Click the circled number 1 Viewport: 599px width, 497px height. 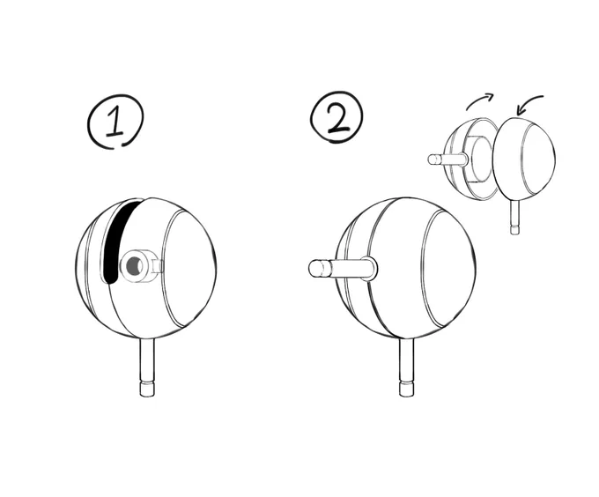[x=115, y=121]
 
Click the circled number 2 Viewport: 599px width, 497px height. [x=336, y=117]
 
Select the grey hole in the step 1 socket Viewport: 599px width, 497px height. [x=134, y=265]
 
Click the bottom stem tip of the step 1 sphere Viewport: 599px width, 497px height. [x=147, y=389]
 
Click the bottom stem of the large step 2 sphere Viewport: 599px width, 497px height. [x=406, y=367]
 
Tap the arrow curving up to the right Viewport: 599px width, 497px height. [x=480, y=100]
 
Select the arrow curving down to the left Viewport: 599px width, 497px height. [x=529, y=103]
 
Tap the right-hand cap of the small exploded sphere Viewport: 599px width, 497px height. [x=524, y=159]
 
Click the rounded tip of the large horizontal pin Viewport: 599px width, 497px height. [x=315, y=268]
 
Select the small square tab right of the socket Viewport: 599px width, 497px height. [x=158, y=266]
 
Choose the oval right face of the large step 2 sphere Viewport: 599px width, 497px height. [x=449, y=268]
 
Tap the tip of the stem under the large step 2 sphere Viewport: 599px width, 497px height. [x=406, y=389]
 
